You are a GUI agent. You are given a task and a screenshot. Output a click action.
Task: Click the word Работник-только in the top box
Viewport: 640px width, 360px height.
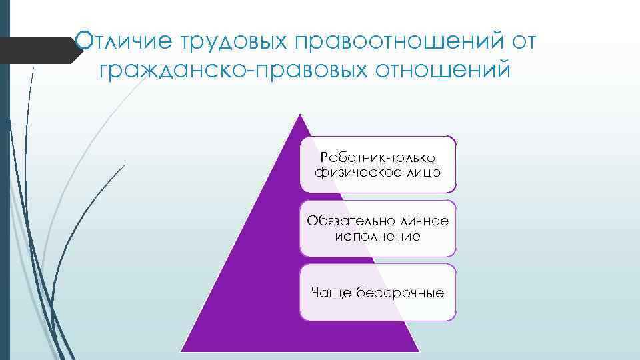pyautogui.click(x=377, y=157)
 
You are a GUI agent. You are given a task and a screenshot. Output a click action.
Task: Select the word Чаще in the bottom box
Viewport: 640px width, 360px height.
pyautogui.click(x=329, y=292)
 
